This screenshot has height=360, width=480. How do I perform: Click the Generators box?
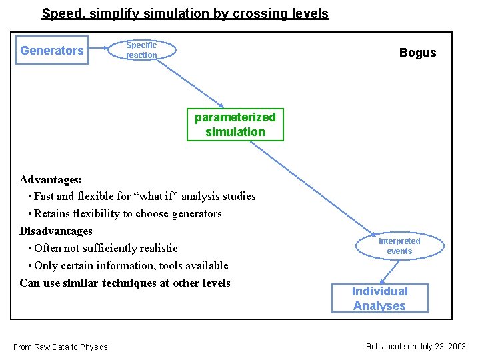[52, 51]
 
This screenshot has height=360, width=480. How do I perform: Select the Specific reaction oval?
[142, 50]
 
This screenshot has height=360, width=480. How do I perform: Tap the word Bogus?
[417, 53]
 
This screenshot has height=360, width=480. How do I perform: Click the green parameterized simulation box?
[235, 125]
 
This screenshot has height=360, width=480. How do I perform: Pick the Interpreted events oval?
[399, 246]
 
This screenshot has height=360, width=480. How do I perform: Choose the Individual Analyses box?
[380, 298]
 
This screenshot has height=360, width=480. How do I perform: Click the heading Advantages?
[51, 179]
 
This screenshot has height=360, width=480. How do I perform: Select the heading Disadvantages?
[56, 231]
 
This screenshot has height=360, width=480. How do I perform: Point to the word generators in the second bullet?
[195, 213]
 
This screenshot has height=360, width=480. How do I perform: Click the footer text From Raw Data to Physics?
[61, 347]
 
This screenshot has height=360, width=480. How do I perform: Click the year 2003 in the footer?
[456, 346]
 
